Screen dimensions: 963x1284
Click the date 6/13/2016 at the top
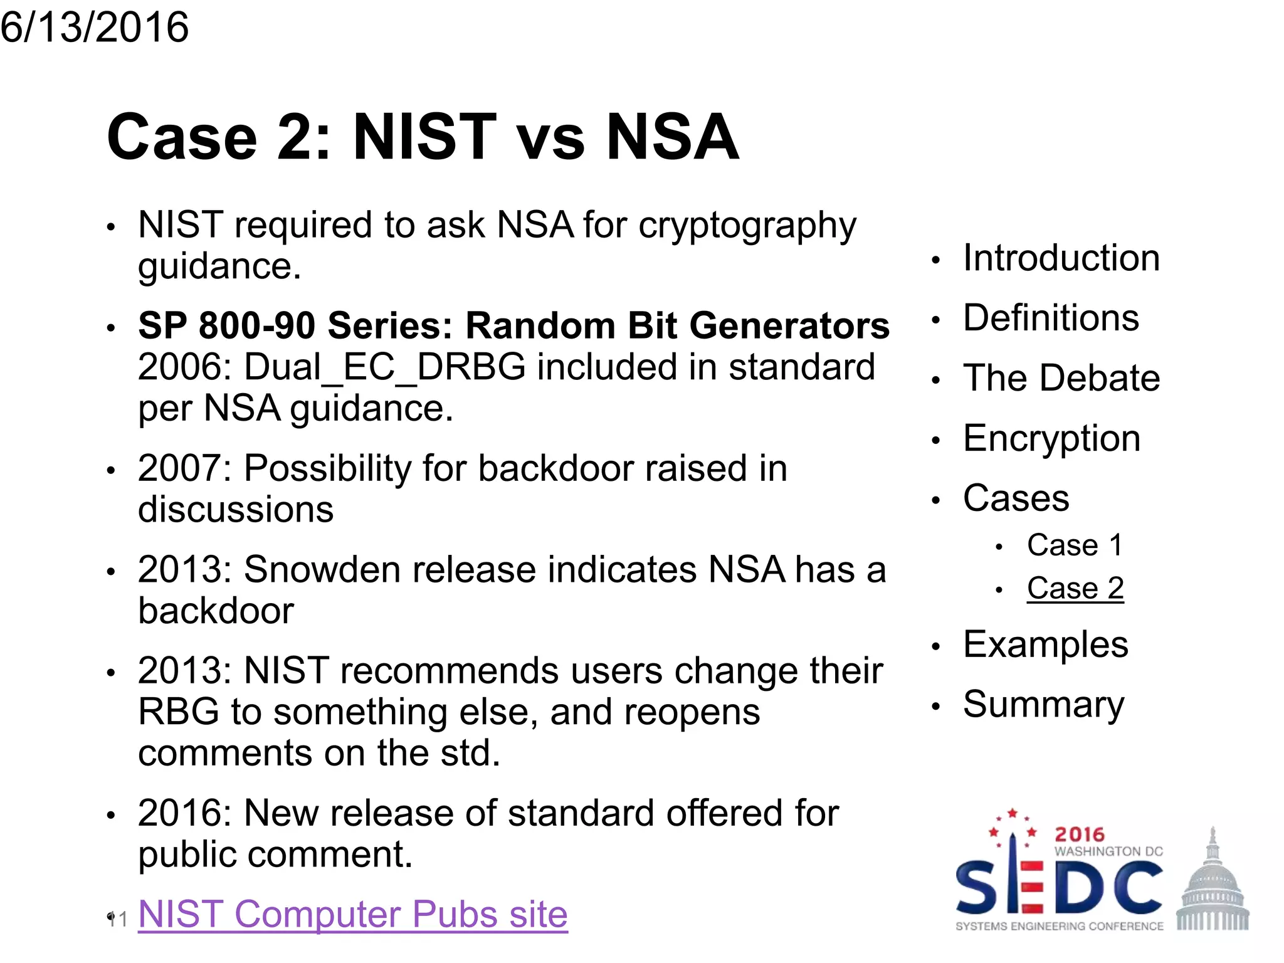[94, 28]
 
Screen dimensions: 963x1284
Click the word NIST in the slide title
[424, 137]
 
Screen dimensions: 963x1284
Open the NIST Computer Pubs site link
[352, 913]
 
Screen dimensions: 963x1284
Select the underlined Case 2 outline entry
[1075, 588]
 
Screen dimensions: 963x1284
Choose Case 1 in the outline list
[1074, 544]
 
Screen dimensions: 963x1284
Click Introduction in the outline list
[1061, 258]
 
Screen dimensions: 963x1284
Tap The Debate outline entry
[1061, 377]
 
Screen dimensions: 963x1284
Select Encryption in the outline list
[1051, 438]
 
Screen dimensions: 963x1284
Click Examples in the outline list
[1045, 644]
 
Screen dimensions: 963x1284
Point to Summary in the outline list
[1043, 704]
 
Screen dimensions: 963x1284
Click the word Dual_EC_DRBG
[384, 367]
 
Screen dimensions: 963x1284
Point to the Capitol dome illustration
[1212, 881]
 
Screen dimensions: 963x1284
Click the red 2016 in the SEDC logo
[1079, 834]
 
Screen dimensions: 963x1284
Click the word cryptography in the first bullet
[747, 226]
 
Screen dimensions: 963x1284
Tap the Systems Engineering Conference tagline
[1059, 926]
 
